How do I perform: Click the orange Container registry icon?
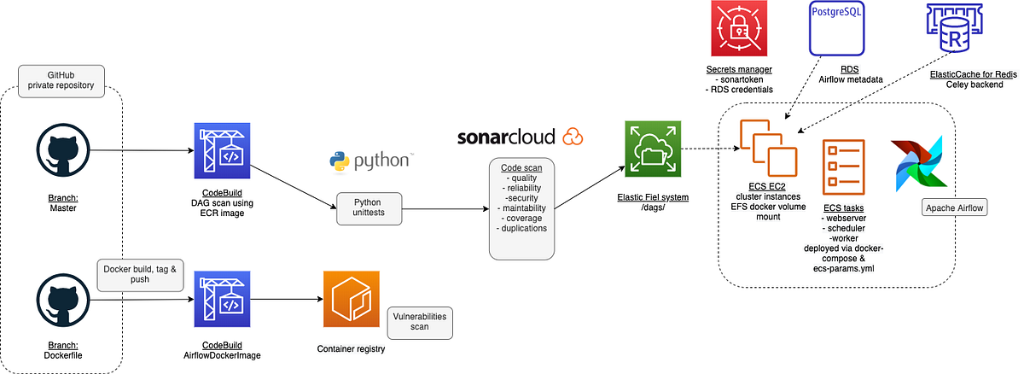[352, 299]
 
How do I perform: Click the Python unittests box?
[366, 207]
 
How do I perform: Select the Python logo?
[369, 160]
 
